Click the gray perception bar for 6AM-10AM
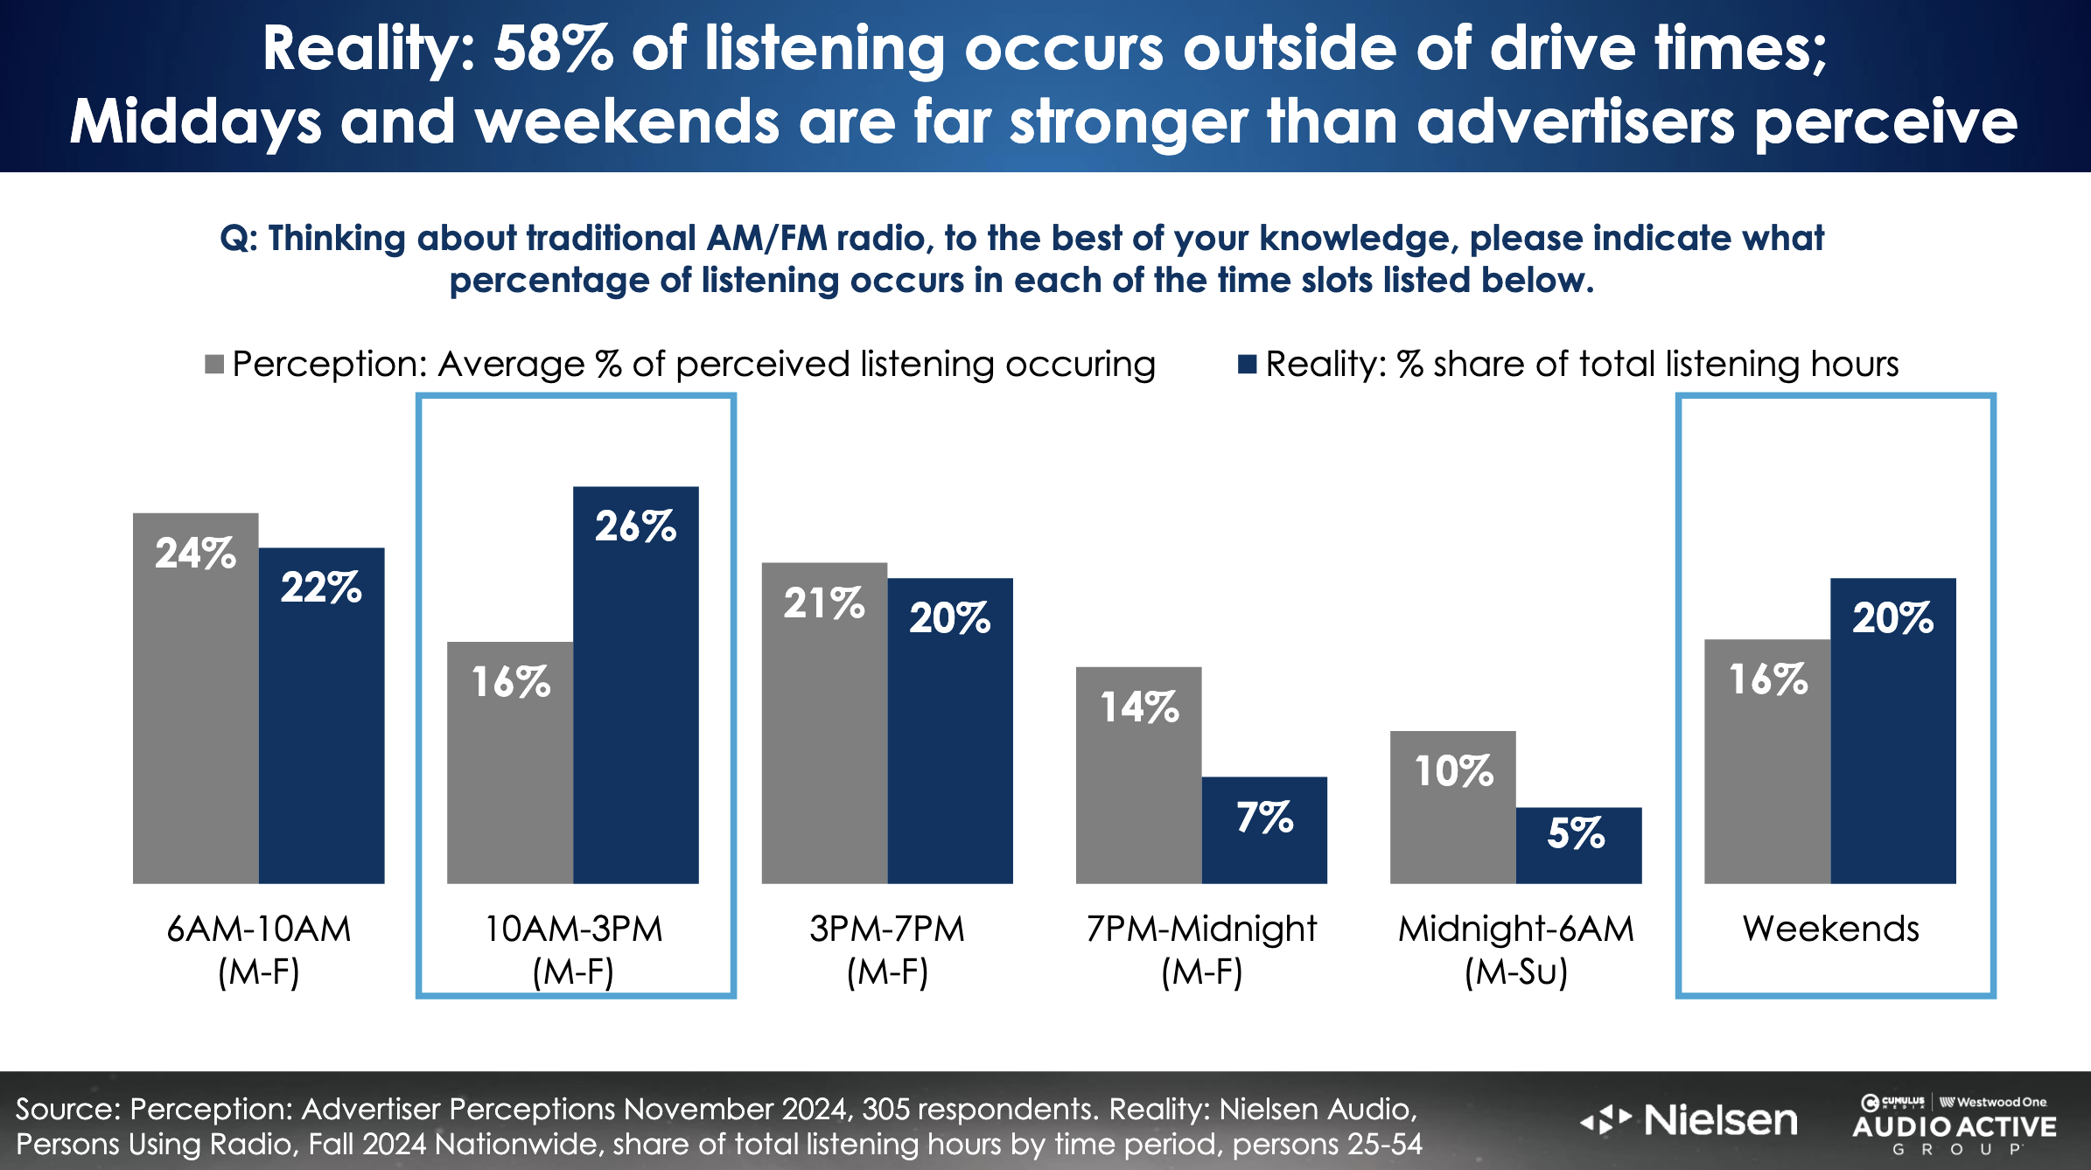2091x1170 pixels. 195,717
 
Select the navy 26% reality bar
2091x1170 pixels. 635,700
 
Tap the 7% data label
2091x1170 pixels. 1264,818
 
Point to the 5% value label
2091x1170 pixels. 1577,833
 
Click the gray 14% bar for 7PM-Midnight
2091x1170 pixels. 1138,787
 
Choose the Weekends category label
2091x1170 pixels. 1830,929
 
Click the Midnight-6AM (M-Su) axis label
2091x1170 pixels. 1515,950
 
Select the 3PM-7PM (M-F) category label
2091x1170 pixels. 887,950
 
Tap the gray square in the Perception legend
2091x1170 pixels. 214,364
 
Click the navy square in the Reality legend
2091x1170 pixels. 1248,364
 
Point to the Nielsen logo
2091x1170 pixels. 1690,1120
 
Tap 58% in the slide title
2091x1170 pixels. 553,49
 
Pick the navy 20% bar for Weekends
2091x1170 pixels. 1892,743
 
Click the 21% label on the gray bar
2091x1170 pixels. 823,603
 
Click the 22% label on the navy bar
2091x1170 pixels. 321,587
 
